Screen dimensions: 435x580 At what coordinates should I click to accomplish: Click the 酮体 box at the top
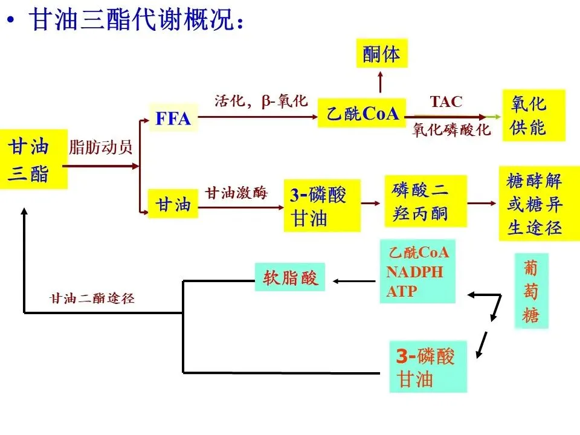381,54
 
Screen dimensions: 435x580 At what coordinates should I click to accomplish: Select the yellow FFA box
173,118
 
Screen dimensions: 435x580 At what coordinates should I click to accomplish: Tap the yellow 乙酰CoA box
361,114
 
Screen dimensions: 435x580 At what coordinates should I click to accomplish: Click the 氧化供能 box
533,115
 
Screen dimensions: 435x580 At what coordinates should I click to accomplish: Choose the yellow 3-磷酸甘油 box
321,205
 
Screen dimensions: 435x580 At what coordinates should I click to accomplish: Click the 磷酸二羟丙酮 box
425,201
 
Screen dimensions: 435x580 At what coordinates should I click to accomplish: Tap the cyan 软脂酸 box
290,277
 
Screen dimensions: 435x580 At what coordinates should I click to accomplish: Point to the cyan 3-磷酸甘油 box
428,367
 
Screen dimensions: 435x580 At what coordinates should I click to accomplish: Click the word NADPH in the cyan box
414,272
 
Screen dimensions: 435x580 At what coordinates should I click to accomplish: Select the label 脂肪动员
101,147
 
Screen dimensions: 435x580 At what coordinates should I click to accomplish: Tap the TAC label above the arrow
446,101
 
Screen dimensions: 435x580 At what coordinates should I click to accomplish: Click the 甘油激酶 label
236,193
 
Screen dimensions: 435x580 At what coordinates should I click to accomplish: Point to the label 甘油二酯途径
92,298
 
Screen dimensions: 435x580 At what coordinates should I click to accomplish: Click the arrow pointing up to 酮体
381,81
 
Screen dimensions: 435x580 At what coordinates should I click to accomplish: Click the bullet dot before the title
10,21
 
